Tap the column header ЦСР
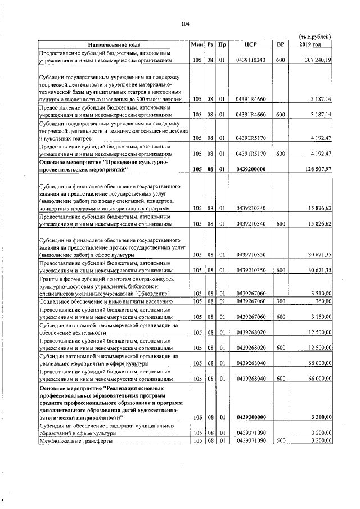point(251,44)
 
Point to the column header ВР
point(280,44)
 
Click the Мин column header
point(197,44)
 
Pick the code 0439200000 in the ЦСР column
point(251,169)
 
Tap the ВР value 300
point(280,301)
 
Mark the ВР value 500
point(280,441)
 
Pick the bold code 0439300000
point(251,417)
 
